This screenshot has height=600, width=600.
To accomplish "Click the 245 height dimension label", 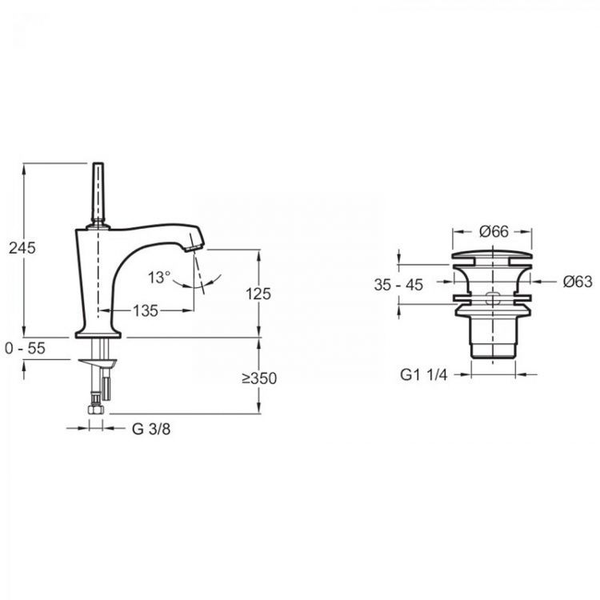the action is click(22, 248).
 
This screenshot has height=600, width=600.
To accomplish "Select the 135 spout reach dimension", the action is click(146, 310).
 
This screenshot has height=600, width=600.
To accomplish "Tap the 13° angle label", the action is click(159, 277).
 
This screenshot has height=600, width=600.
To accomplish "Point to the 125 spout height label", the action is click(258, 294).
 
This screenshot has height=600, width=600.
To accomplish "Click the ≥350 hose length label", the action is click(259, 378).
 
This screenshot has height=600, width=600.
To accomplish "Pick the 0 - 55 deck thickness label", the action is click(26, 348).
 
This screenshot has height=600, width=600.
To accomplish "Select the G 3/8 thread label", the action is click(151, 429).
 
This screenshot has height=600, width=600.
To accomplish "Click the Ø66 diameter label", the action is click(494, 231).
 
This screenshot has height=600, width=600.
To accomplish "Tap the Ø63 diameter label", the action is click(578, 282).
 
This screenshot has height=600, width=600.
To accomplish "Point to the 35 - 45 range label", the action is click(398, 285).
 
